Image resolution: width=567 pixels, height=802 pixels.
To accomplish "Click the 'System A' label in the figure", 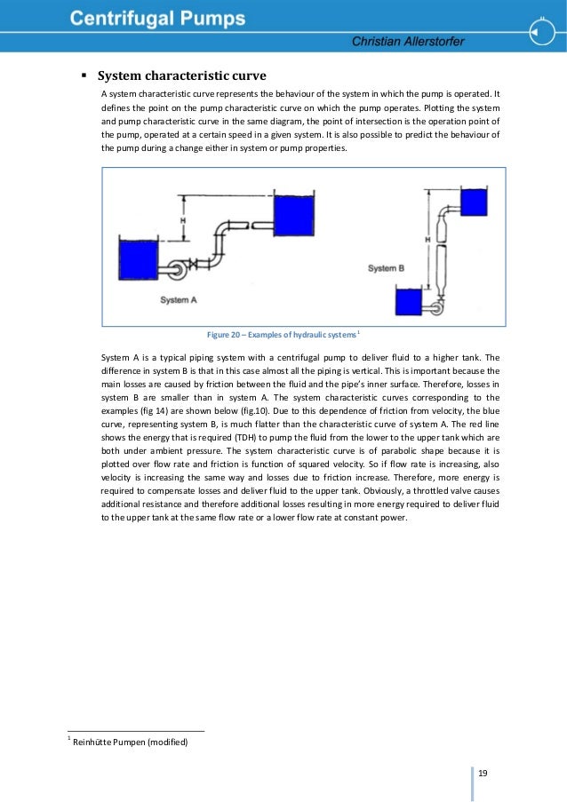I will (179, 300).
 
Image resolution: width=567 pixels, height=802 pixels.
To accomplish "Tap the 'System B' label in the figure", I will (387, 267).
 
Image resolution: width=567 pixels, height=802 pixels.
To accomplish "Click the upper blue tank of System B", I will (474, 202).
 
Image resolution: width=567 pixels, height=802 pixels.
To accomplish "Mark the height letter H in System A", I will (182, 218).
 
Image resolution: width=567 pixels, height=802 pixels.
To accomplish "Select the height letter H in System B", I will (427, 239).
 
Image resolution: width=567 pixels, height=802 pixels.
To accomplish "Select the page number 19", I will (483, 774).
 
